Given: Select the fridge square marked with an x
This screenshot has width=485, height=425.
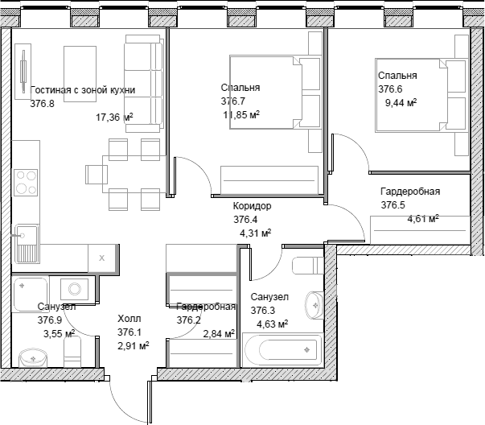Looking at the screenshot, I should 102,258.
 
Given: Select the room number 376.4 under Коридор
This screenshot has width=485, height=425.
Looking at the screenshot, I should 245,220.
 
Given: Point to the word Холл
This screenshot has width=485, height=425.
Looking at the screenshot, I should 129,318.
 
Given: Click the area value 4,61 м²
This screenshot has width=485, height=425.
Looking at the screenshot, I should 422,219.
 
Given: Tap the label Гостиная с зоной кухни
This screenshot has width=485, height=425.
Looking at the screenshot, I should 83,90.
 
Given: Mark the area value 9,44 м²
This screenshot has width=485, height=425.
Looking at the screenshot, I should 400,103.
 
